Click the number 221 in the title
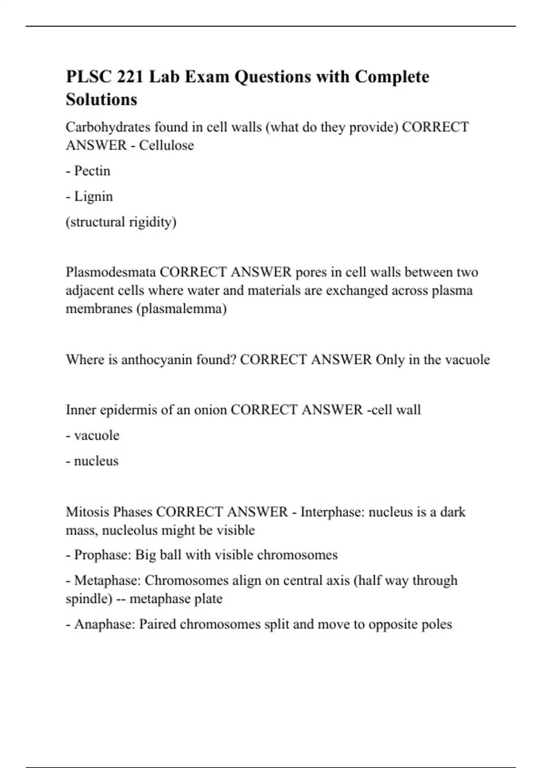131,77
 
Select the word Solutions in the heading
101,99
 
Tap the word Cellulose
166,145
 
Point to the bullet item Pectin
92,171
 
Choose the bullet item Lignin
93,197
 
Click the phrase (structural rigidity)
121,222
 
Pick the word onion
210,410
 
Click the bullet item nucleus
96,461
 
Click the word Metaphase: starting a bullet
107,580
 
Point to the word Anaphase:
104,624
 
